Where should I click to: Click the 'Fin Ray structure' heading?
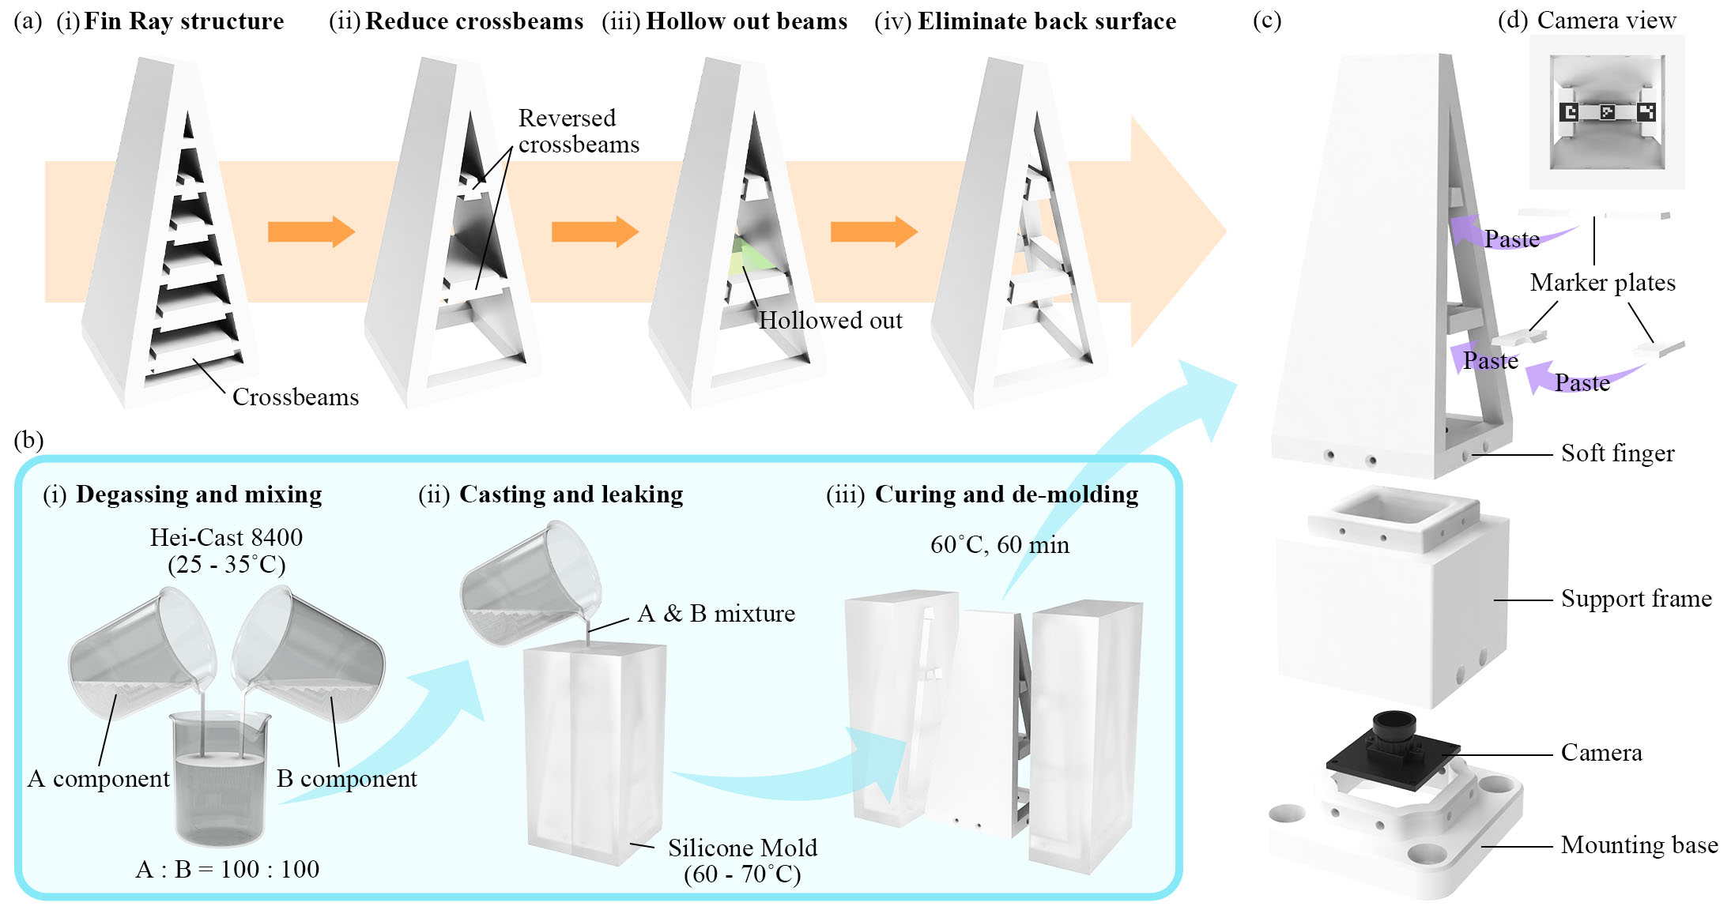[x=183, y=21]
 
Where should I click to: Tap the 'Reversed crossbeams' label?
[x=578, y=131]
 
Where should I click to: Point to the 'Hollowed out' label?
[x=830, y=320]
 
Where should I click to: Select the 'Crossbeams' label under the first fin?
[x=295, y=397]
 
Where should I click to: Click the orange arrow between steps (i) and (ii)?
[x=311, y=232]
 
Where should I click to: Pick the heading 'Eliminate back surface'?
[x=1047, y=21]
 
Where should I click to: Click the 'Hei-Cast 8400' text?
[x=226, y=537]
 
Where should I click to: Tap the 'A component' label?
[x=99, y=779]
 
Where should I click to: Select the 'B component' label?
[x=346, y=779]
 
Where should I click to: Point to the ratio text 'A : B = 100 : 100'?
[x=228, y=869]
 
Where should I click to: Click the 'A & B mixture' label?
[x=716, y=614]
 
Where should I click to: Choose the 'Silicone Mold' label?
[x=742, y=848]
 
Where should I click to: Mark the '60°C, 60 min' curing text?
[x=999, y=545]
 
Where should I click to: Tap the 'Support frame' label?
[x=1636, y=599]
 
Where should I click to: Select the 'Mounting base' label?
[x=1639, y=845]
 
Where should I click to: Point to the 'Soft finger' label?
[x=1617, y=453]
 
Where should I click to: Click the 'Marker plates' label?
[x=1602, y=283]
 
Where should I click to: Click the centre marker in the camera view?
[x=1607, y=112]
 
